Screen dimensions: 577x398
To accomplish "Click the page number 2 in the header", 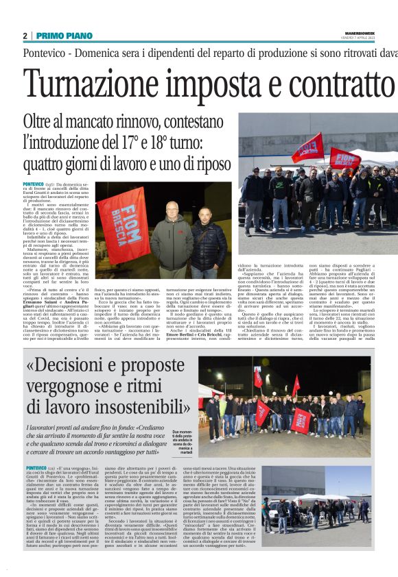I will tap(25, 36).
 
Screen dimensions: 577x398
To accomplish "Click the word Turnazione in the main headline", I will tap(104, 84).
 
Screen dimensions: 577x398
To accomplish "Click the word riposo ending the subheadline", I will tap(206, 164).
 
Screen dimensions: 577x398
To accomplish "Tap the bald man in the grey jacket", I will tap(171, 236).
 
